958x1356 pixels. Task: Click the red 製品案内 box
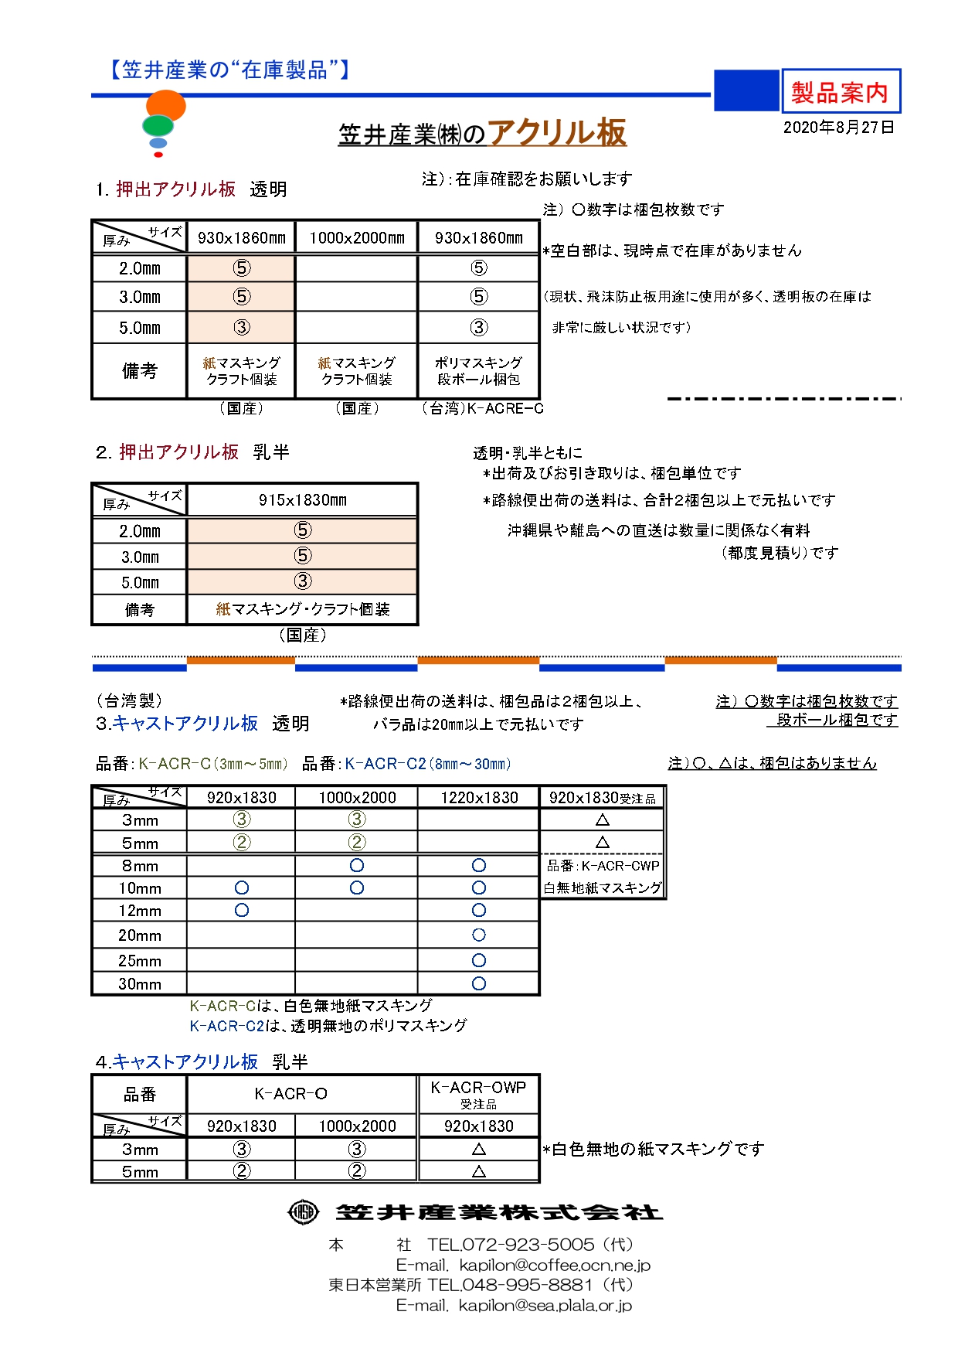tap(841, 92)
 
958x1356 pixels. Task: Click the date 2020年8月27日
tap(838, 128)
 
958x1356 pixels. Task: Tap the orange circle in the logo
tap(166, 106)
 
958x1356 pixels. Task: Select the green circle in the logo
tap(158, 125)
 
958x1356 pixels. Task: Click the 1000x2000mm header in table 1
tap(356, 238)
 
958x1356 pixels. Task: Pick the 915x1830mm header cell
tap(302, 500)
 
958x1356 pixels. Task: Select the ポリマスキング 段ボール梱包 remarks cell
tap(478, 371)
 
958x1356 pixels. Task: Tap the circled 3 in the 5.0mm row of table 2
tap(302, 581)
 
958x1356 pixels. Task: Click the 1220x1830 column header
tap(479, 798)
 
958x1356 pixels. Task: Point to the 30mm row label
tap(140, 984)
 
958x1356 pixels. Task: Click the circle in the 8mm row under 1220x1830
tap(479, 865)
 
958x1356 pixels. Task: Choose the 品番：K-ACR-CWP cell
tap(603, 866)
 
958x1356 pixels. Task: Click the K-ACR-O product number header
tap(291, 1094)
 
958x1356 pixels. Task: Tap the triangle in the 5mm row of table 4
tap(479, 1171)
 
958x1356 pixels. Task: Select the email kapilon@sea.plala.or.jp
tap(545, 1306)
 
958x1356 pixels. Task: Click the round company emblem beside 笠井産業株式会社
tap(303, 1211)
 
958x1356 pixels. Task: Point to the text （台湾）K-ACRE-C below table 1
tap(482, 408)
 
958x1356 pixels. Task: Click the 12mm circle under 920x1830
tap(242, 911)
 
